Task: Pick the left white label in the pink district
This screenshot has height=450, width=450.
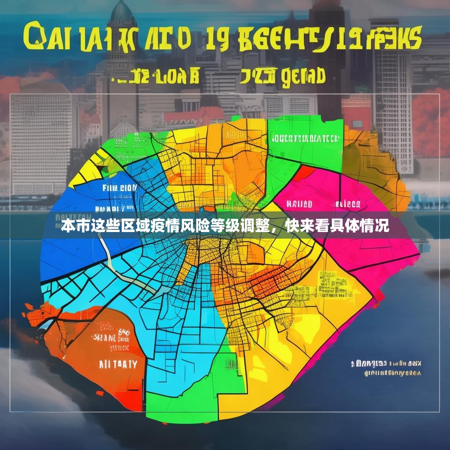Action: point(299,204)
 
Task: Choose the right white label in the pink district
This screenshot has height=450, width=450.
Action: point(348,204)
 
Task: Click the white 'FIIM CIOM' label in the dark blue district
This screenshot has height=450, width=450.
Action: point(120,188)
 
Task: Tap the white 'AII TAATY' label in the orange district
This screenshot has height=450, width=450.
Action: point(118,365)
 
